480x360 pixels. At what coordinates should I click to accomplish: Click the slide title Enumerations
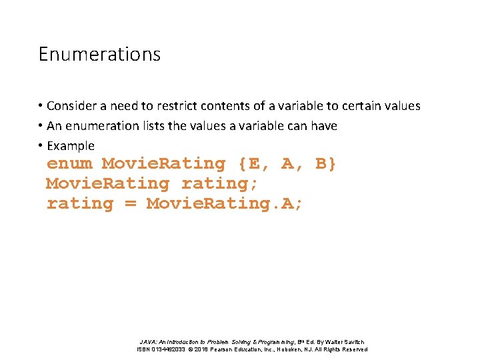(99, 53)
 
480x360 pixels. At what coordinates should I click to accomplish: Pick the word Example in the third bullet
(70, 146)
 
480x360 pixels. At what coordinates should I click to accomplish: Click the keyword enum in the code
(69, 163)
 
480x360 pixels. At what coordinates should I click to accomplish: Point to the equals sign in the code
(130, 203)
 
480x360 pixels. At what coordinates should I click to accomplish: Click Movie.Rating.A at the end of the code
(224, 203)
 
